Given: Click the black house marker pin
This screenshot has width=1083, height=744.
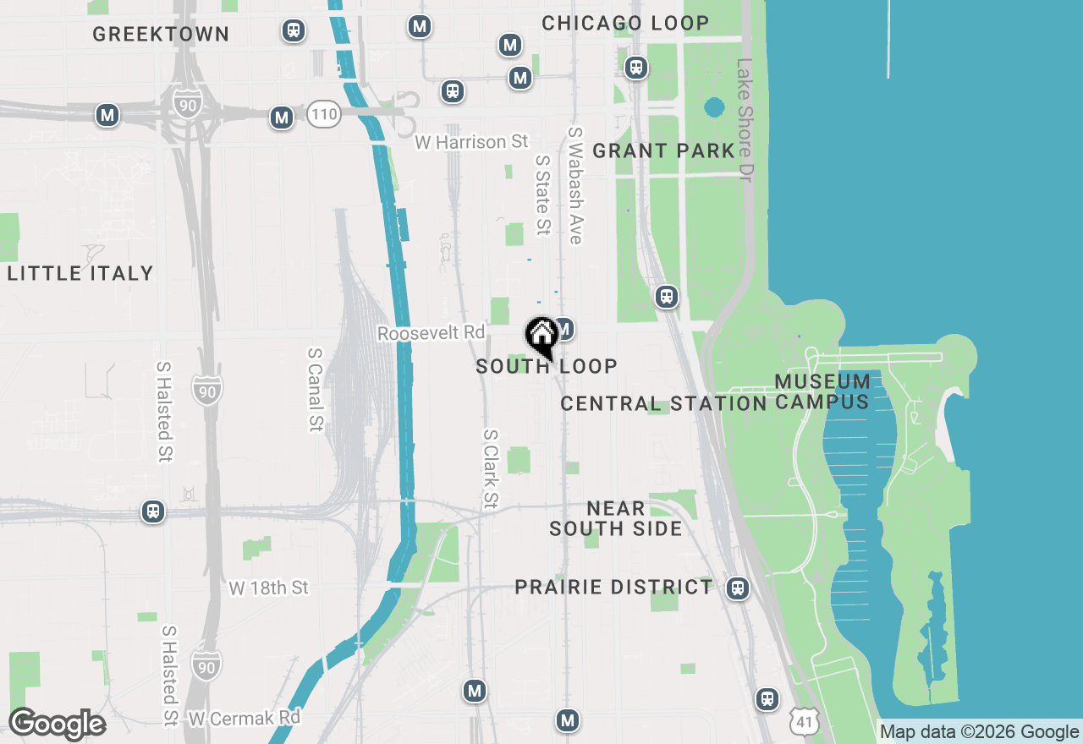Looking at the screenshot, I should tap(541, 336).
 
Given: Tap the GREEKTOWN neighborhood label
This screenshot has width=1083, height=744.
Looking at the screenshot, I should tap(161, 35).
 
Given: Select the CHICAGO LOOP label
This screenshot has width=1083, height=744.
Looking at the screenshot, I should tap(625, 23).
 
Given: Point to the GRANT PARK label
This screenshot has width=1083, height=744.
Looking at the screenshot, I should tap(663, 151).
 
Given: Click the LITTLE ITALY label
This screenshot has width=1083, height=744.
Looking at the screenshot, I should tap(80, 273).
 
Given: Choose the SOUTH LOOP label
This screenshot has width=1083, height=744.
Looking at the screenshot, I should tap(547, 367).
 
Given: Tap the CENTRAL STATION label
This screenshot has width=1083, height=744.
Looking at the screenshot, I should tap(663, 404).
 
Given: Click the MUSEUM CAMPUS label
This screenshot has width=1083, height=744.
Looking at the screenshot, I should tap(822, 391).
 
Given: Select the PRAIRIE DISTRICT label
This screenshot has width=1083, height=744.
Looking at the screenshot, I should tap(613, 587).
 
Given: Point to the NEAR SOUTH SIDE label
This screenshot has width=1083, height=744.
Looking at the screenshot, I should tap(615, 518).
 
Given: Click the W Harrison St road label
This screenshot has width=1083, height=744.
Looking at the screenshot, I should tap(471, 142).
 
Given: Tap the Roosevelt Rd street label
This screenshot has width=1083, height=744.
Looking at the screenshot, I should tap(431, 333).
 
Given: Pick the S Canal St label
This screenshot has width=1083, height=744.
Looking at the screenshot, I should tap(316, 389).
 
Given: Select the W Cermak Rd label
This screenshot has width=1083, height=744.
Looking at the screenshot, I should tap(245, 719).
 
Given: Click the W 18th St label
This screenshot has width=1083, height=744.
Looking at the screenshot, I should tap(269, 588).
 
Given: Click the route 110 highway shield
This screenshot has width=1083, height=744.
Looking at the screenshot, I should tap(323, 114).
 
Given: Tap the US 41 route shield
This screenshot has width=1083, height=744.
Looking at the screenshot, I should tap(803, 720).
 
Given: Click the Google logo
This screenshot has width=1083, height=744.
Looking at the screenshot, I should tap(57, 724).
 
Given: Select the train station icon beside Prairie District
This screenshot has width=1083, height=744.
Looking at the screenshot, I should tap(738, 588).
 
